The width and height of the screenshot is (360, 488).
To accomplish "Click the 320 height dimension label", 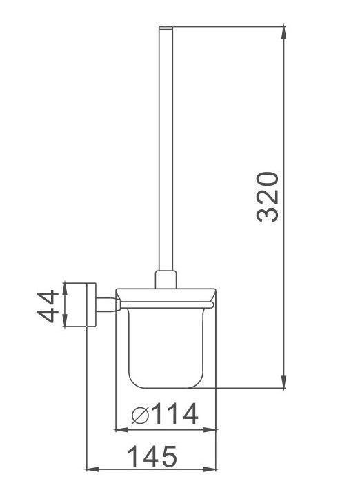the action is coord(267,197).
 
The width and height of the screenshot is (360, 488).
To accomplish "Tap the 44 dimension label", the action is coord(48,306).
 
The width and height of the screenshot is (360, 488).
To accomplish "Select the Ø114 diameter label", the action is coord(165,413).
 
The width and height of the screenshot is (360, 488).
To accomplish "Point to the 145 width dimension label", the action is coord(152,456).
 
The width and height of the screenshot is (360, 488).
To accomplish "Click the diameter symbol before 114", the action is coord(140,415).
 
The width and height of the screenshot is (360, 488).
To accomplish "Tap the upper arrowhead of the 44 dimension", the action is coord(65,289).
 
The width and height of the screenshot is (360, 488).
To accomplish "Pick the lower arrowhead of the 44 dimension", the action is coord(65,321).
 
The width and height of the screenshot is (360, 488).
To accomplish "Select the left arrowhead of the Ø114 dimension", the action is coord(121,430).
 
